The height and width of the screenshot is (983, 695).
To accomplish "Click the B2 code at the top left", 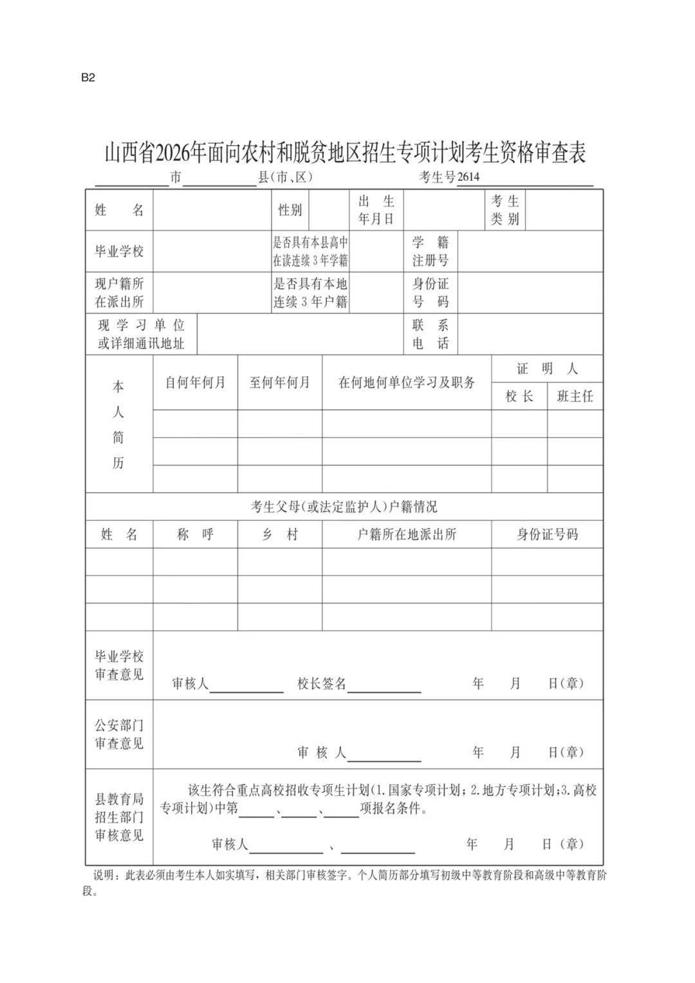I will click(88, 78).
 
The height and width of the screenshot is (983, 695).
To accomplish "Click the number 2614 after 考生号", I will click(468, 178).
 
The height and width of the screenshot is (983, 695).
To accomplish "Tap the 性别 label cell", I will click(290, 210).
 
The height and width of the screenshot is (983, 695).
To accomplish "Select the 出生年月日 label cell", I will click(376, 210).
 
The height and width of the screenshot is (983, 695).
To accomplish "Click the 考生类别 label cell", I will click(505, 210).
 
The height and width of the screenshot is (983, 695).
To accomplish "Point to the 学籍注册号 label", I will click(431, 252).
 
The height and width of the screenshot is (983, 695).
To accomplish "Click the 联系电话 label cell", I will click(431, 334).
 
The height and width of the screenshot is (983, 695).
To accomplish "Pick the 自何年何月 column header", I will click(195, 382).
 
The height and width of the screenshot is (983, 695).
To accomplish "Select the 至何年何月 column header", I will click(280, 382).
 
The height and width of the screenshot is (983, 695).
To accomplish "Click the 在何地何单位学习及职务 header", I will click(407, 382).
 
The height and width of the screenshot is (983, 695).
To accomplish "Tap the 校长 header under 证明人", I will click(519, 397).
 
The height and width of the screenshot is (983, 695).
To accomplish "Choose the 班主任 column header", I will click(575, 397).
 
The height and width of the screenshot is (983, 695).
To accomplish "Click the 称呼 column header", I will click(195, 534).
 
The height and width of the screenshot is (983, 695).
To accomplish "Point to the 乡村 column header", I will click(280, 534).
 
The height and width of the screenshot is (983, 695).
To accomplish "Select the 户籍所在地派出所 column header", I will click(407, 534).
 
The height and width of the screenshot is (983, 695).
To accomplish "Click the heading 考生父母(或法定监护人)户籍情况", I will click(344, 507).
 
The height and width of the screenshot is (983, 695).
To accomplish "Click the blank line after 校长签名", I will click(384, 686).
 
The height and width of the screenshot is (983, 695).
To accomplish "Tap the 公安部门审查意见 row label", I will click(119, 735).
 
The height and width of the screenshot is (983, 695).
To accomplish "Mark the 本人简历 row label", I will click(118, 425).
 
